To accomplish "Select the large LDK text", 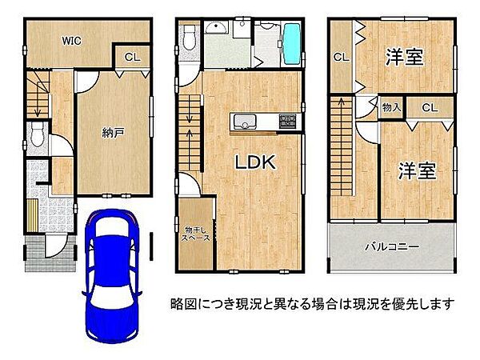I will click(x=254, y=161).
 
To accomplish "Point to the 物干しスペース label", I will click(x=195, y=233).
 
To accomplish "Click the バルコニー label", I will click(x=392, y=247).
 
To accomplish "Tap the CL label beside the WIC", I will click(x=132, y=58).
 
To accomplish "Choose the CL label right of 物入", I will click(x=430, y=107).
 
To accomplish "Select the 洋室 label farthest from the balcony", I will click(x=404, y=57).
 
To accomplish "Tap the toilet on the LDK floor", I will click(x=189, y=36).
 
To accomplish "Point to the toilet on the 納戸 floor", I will click(x=36, y=134).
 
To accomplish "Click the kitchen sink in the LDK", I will click(x=243, y=122).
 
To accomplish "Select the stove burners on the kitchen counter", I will click(x=287, y=121).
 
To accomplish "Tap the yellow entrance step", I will click(x=31, y=215).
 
